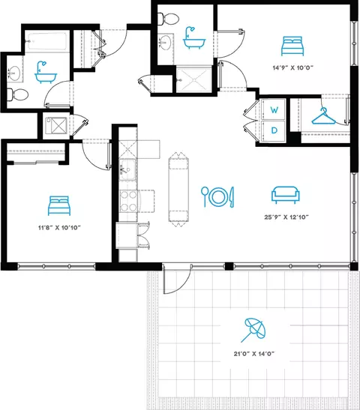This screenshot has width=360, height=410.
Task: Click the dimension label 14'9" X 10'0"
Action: [x=293, y=67]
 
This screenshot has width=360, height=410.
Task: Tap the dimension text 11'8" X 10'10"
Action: [x=59, y=228]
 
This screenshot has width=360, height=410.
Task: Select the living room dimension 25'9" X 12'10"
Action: [x=286, y=217]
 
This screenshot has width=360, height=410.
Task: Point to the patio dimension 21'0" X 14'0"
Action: [x=254, y=354]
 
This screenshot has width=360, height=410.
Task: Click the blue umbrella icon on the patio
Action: [x=253, y=330]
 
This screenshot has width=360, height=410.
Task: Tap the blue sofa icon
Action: [x=286, y=195]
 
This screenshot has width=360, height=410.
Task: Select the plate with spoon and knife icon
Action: [x=217, y=196]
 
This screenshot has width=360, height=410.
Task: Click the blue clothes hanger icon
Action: [x=324, y=116]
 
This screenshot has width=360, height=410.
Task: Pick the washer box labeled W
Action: [x=274, y=109]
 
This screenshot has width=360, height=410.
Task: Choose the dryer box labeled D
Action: [x=274, y=130]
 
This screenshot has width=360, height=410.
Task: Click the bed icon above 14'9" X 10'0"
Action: [x=292, y=46]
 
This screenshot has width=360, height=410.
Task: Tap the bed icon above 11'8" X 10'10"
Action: [x=59, y=205]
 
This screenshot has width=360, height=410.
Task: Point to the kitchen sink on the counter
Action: [x=127, y=169]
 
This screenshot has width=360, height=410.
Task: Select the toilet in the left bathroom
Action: [x=17, y=94]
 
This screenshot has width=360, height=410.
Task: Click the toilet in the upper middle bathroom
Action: [x=169, y=19]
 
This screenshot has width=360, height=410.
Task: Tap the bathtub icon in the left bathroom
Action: [x=46, y=73]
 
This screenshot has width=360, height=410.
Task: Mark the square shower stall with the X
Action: [x=56, y=127]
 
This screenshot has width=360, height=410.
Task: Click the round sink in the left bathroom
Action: [x=13, y=73]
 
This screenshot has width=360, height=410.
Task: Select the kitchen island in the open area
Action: [x=178, y=190]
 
